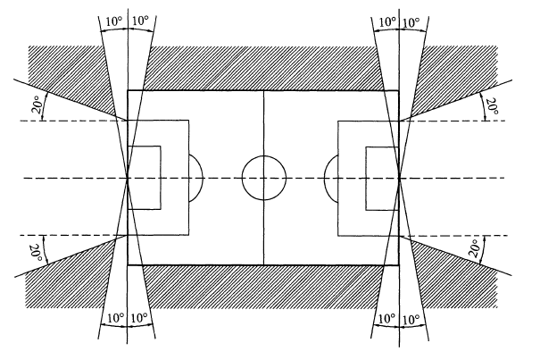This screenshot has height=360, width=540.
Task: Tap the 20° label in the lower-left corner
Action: (x=37, y=253)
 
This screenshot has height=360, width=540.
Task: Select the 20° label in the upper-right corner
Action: (x=492, y=106)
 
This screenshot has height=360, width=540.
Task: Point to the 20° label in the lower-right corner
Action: (x=476, y=248)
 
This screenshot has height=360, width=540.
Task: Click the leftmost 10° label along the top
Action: (x=113, y=21)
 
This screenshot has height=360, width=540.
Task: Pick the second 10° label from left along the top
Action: (x=140, y=21)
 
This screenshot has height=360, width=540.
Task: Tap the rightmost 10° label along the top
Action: (x=411, y=23)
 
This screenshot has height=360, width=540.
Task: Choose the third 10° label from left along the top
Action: (x=387, y=22)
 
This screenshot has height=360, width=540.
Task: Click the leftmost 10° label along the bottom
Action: (x=116, y=318)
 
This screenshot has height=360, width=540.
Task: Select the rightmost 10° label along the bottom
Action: (x=411, y=320)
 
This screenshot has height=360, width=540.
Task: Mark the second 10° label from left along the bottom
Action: (x=139, y=318)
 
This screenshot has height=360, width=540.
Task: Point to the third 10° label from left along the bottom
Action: (x=386, y=319)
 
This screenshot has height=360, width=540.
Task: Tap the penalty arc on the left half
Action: (x=203, y=178)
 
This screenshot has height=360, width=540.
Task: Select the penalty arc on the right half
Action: (x=325, y=179)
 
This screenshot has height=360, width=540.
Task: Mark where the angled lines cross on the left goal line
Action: (x=128, y=178)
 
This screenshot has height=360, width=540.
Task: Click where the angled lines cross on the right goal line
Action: (x=400, y=179)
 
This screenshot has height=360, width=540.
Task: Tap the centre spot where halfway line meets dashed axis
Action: (x=264, y=178)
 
